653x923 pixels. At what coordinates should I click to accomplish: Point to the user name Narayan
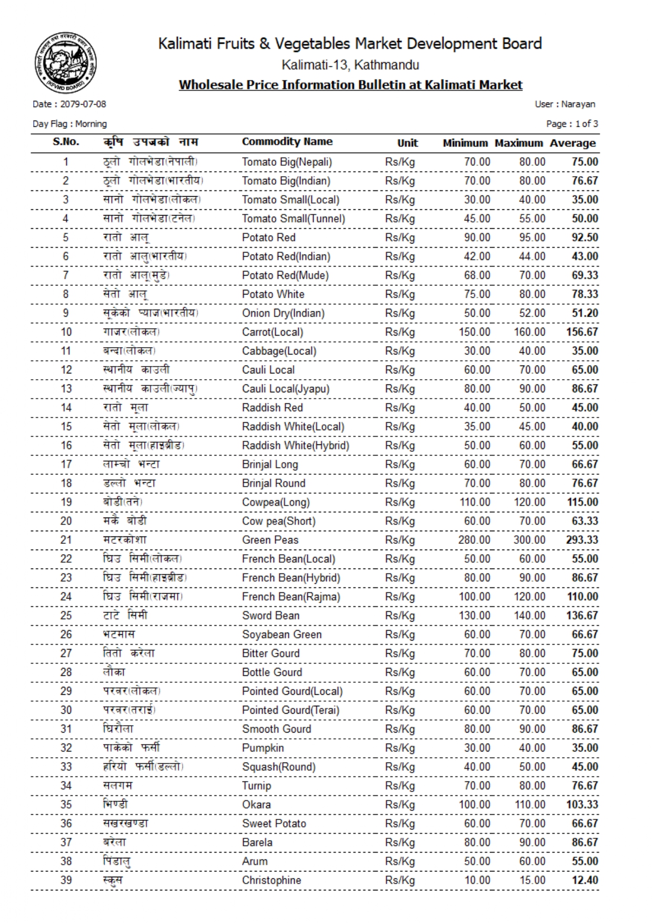[578, 104]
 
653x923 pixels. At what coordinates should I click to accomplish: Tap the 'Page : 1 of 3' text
[572, 124]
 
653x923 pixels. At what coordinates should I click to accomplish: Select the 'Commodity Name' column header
[287, 141]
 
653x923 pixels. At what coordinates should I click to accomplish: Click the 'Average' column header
[572, 143]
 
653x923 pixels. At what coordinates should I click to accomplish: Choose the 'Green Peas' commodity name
[270, 540]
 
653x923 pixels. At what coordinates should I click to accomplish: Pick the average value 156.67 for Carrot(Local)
[582, 332]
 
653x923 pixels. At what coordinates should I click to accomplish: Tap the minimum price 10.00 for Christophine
[477, 880]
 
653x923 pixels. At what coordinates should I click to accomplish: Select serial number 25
[66, 615]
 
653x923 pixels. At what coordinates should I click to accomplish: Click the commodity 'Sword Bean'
[270, 615]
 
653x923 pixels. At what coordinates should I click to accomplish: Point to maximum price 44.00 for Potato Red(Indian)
[532, 256]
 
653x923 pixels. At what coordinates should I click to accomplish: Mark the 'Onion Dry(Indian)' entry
[283, 313]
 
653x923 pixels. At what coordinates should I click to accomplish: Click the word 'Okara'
[256, 805]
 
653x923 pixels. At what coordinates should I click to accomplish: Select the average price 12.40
[585, 880]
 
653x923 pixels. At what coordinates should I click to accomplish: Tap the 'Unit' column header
[407, 143]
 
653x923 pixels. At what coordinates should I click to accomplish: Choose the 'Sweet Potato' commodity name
[274, 824]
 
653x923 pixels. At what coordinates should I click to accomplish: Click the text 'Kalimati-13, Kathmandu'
[350, 65]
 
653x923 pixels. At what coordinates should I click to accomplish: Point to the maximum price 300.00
[529, 540]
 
